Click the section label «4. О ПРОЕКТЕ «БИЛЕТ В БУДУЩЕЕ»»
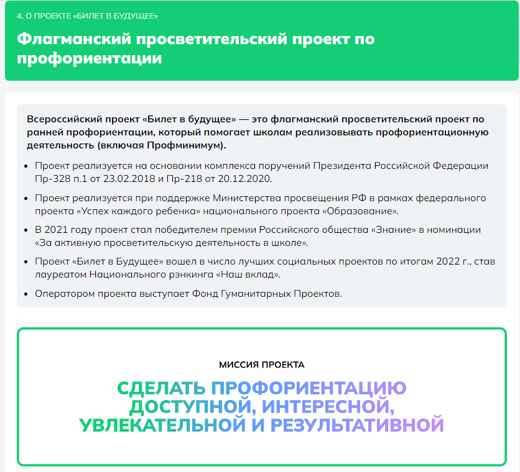87,16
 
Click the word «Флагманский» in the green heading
74,39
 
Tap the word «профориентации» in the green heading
89,58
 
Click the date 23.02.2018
129,178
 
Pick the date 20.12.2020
244,178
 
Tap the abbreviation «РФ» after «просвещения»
359,198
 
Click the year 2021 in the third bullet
56,230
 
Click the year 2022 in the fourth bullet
448,261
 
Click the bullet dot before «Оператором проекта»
26,294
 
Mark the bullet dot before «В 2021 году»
26,230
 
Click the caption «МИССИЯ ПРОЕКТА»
262,365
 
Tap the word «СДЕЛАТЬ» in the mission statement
161,388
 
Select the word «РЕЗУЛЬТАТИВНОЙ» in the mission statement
357,425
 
